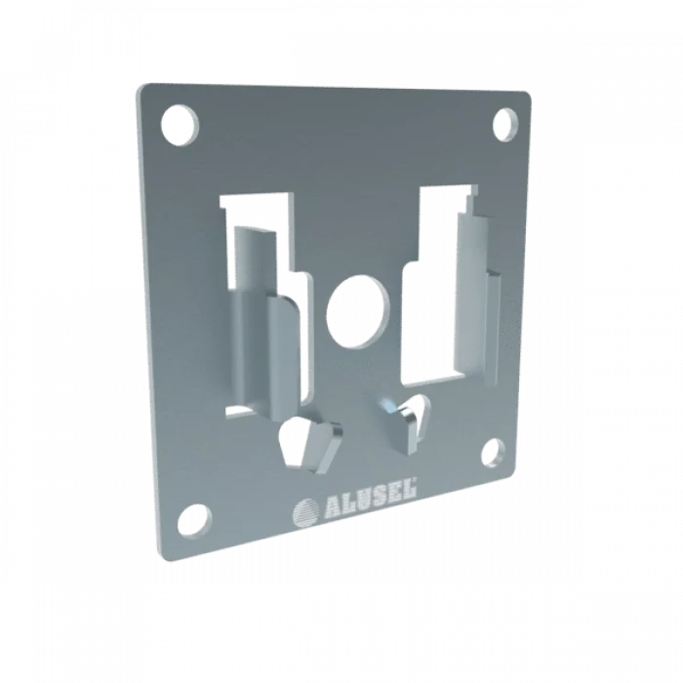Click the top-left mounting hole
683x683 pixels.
click(180, 125)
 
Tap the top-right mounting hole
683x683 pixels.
click(505, 125)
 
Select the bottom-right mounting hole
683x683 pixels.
click(493, 455)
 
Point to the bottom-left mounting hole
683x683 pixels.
click(194, 523)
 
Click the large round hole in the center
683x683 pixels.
click(357, 308)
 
